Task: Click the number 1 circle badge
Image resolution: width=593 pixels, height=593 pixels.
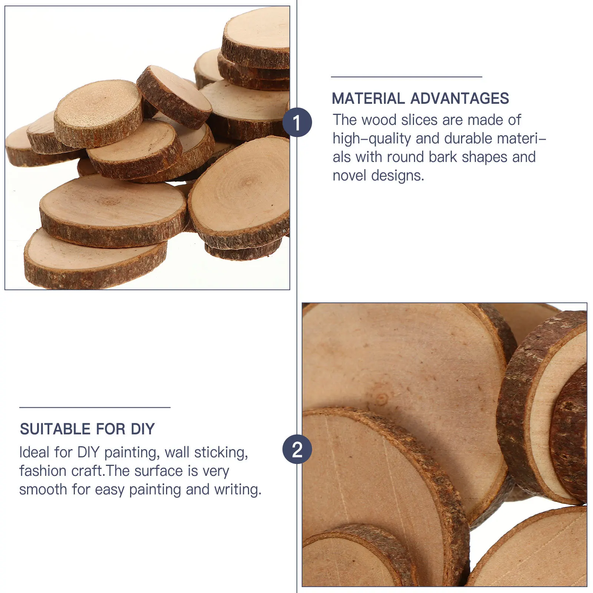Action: (x=297, y=122)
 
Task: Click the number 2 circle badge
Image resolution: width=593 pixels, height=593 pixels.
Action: (x=297, y=449)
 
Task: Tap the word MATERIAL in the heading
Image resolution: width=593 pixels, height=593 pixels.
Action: (x=368, y=99)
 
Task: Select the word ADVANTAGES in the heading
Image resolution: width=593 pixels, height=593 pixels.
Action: (x=460, y=99)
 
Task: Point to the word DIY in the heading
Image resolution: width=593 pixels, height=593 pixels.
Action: (x=143, y=429)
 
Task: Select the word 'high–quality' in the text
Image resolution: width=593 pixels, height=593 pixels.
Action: (x=372, y=139)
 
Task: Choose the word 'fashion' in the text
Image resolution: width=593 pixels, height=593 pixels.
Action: (x=43, y=471)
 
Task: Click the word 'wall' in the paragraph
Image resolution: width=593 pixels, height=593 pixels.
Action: (x=178, y=452)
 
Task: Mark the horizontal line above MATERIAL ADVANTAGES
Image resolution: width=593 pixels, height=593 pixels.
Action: (x=406, y=77)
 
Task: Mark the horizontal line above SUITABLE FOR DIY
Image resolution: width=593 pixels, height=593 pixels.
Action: (x=95, y=407)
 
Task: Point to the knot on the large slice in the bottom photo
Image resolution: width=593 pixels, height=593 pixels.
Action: (x=382, y=399)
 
